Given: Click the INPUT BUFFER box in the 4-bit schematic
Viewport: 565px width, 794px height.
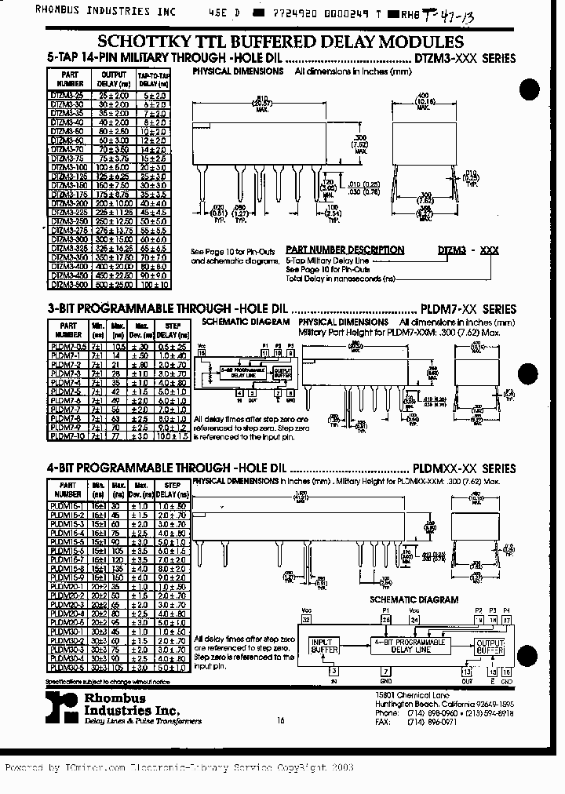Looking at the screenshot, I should click(x=325, y=646).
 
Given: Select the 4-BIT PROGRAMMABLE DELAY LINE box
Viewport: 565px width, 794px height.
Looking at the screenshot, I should click(x=412, y=646).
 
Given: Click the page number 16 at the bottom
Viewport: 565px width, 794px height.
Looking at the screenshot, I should click(x=280, y=720).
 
